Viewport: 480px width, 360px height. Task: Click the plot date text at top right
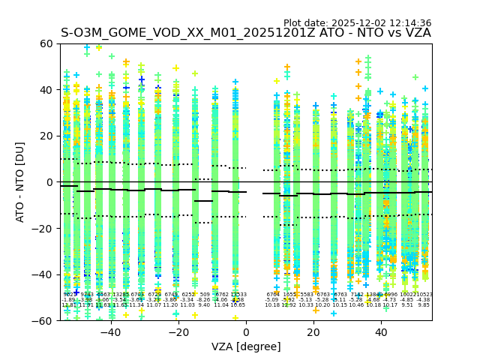357,23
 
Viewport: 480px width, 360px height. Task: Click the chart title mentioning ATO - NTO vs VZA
246,33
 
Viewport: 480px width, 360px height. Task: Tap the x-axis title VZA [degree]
246,346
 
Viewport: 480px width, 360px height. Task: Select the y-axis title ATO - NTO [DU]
20,182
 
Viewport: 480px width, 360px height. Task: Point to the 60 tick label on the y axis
46,43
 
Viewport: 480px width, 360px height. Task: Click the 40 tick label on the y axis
46,90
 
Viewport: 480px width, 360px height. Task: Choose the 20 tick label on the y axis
46,136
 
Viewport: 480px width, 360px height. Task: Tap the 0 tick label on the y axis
49,182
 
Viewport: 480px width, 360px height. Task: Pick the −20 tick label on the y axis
43,228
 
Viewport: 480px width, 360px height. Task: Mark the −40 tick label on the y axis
43,274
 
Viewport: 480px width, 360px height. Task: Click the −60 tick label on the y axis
43,320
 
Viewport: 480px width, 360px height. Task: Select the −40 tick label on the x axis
110,332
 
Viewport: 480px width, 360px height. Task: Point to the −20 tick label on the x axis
178,332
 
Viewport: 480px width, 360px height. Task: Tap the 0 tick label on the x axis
245,332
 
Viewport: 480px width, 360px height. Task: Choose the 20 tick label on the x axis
313,332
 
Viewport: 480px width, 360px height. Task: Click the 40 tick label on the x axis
380,332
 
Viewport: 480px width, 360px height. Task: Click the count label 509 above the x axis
204,295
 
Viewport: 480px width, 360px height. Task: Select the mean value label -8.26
204,300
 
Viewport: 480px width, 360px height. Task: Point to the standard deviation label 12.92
289,305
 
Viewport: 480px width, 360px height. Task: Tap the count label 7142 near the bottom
357,295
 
